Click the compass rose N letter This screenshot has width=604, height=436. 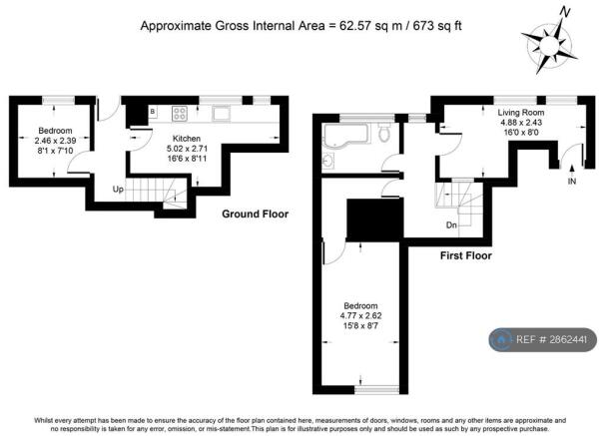pos(565,13)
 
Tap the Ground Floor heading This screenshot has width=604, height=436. pos(255,214)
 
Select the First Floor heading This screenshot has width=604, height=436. pos(466,255)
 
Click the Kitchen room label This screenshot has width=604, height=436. pos(187,139)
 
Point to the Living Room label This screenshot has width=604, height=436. pos(521,113)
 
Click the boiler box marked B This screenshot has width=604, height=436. pos(153,112)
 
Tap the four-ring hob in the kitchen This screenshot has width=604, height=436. pos(180,113)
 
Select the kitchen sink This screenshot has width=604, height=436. pos(221,114)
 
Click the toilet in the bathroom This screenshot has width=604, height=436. pos(384,132)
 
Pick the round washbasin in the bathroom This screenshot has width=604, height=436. pos(327,162)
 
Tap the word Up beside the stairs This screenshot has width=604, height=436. pos(118,190)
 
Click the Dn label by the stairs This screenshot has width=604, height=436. pos(451,224)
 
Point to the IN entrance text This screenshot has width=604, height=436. pos(572,181)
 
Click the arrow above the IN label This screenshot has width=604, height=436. pos(572,170)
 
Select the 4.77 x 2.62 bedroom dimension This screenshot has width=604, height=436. pos(360,316)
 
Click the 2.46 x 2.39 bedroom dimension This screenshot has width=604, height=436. pos(55,141)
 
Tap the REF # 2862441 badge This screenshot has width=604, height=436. pos(543,340)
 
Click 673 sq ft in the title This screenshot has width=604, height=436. pos(437,26)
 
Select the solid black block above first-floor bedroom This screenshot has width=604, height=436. pos(374,219)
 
